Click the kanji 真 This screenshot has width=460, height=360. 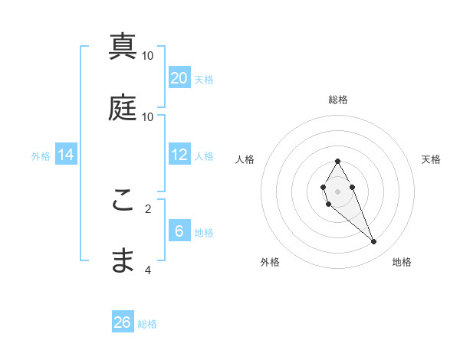pyautogui.click(x=123, y=47)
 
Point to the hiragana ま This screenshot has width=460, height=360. pyautogui.click(x=123, y=260)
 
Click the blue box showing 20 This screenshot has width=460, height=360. pyautogui.click(x=179, y=77)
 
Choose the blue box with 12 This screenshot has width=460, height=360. pyautogui.click(x=179, y=155)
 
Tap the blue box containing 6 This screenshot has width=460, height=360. pyautogui.click(x=179, y=231)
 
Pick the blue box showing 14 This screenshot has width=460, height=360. pyautogui.click(x=66, y=155)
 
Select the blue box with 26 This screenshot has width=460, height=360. pyautogui.click(x=123, y=322)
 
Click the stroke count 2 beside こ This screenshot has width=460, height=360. pyautogui.click(x=148, y=208)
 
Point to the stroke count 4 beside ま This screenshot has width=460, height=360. pyautogui.click(x=148, y=270)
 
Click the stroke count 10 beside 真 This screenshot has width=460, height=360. pyautogui.click(x=148, y=56)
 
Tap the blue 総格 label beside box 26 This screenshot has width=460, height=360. pyautogui.click(x=147, y=324)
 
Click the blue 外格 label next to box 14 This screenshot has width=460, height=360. pyautogui.click(x=41, y=155)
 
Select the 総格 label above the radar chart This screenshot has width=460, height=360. pyautogui.click(x=338, y=100)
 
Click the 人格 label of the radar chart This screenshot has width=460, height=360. pyautogui.click(x=245, y=159)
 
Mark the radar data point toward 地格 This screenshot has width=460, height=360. pyautogui.click(x=374, y=242)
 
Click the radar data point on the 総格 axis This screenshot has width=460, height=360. pyautogui.click(x=338, y=161)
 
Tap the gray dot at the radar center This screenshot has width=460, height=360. pyautogui.click(x=338, y=191)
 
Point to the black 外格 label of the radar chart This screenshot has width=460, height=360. pyautogui.click(x=270, y=262)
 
